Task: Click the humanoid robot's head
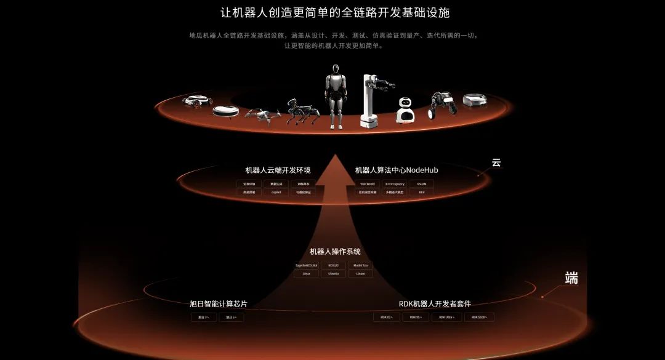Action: click(336, 70)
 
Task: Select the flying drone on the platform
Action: click(263, 114)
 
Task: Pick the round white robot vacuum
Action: click(225, 111)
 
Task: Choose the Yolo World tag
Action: click(367, 184)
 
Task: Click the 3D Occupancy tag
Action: click(395, 184)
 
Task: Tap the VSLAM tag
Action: click(421, 184)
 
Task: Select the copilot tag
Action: click(276, 192)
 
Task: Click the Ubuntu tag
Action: click(333, 273)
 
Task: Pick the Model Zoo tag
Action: click(360, 265)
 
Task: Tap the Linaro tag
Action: click(360, 273)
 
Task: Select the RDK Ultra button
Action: click(446, 317)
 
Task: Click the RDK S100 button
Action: click(479, 317)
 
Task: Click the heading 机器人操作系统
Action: click(335, 252)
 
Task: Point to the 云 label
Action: click(496, 163)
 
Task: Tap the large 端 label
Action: click(571, 278)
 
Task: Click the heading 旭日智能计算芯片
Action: click(219, 303)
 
